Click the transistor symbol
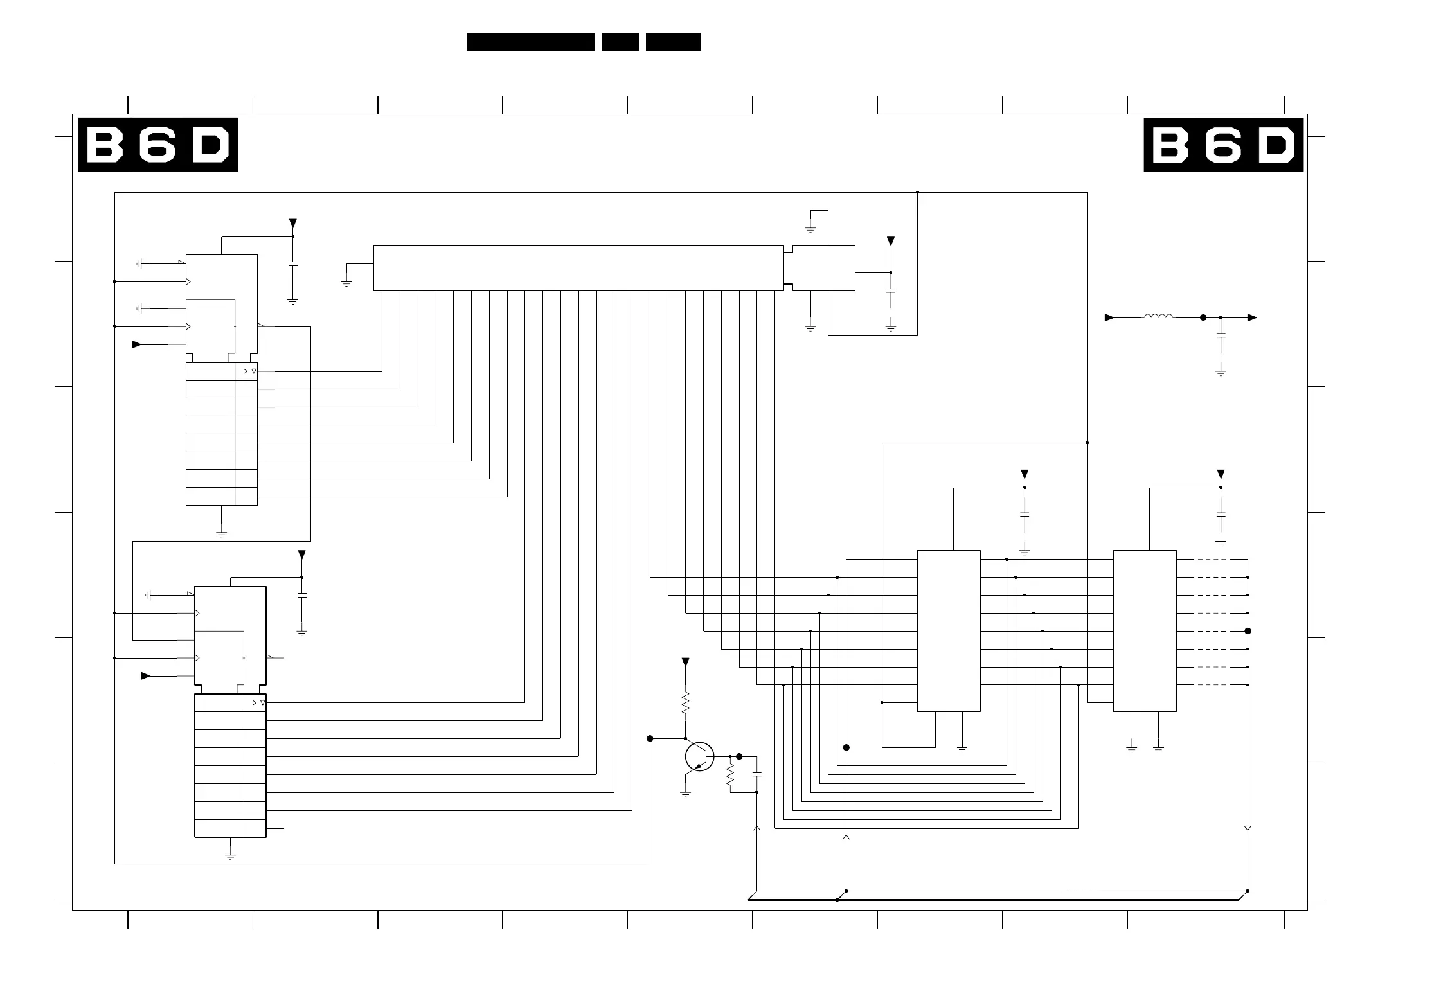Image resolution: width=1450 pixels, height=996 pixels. (699, 756)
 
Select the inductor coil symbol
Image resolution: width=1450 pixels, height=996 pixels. (1158, 316)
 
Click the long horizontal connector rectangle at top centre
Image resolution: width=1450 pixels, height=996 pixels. (578, 268)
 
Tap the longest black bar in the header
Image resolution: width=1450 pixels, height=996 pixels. (531, 42)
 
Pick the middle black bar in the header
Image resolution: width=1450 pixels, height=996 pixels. (620, 42)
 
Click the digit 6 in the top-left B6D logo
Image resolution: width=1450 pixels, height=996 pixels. (158, 145)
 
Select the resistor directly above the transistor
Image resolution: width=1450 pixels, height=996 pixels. (685, 702)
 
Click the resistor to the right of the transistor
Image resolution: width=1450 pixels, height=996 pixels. (730, 774)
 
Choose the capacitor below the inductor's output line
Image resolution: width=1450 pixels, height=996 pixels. (1221, 337)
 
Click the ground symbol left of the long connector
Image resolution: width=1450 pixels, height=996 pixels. (346, 283)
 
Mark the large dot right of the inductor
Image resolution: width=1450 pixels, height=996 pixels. (1203, 317)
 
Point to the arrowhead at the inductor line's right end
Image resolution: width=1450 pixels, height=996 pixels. (1252, 317)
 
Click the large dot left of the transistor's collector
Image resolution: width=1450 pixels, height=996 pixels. (650, 739)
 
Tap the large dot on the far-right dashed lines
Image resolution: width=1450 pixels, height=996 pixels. (1248, 631)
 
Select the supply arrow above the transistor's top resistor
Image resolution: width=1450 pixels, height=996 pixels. (685, 663)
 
